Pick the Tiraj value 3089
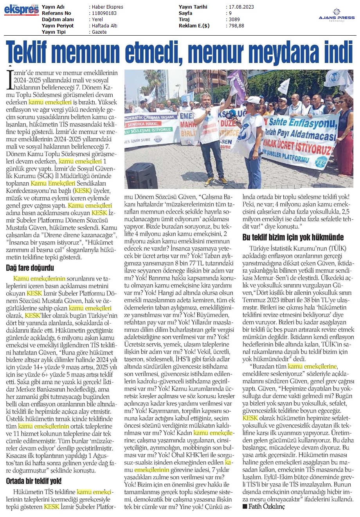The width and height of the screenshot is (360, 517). (235, 20)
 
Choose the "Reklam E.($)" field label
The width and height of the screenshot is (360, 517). (194, 26)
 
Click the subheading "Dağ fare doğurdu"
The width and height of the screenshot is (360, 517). (30, 268)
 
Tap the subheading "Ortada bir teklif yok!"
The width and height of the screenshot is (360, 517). (34, 481)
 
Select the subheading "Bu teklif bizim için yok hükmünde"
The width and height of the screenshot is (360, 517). (293, 237)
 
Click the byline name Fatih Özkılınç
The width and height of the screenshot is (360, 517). (266, 506)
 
